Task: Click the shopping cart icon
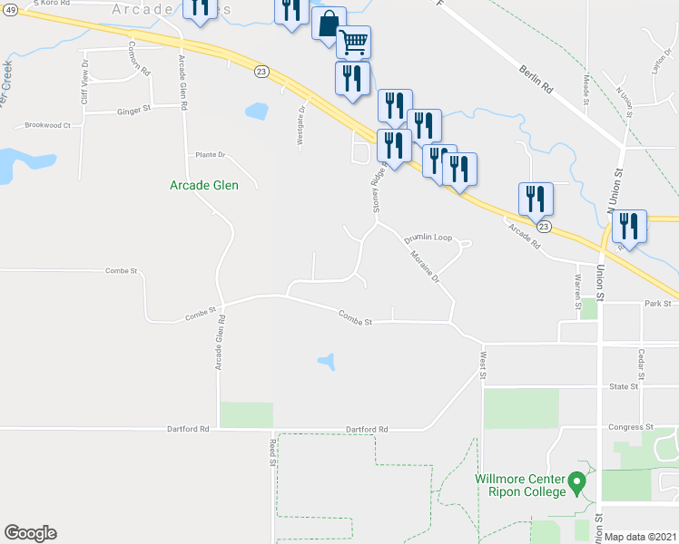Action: click(x=353, y=41)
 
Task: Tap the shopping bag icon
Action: click(x=329, y=24)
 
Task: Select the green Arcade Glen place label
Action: click(x=204, y=186)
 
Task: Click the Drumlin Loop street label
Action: click(x=428, y=238)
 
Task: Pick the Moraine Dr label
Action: click(x=424, y=266)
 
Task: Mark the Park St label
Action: click(x=656, y=304)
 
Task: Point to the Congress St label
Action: click(x=631, y=426)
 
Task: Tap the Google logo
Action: click(x=30, y=533)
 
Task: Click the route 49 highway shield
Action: click(x=7, y=10)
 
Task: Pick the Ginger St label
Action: click(x=133, y=112)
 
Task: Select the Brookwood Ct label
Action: click(x=47, y=125)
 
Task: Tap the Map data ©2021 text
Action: click(x=641, y=537)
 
